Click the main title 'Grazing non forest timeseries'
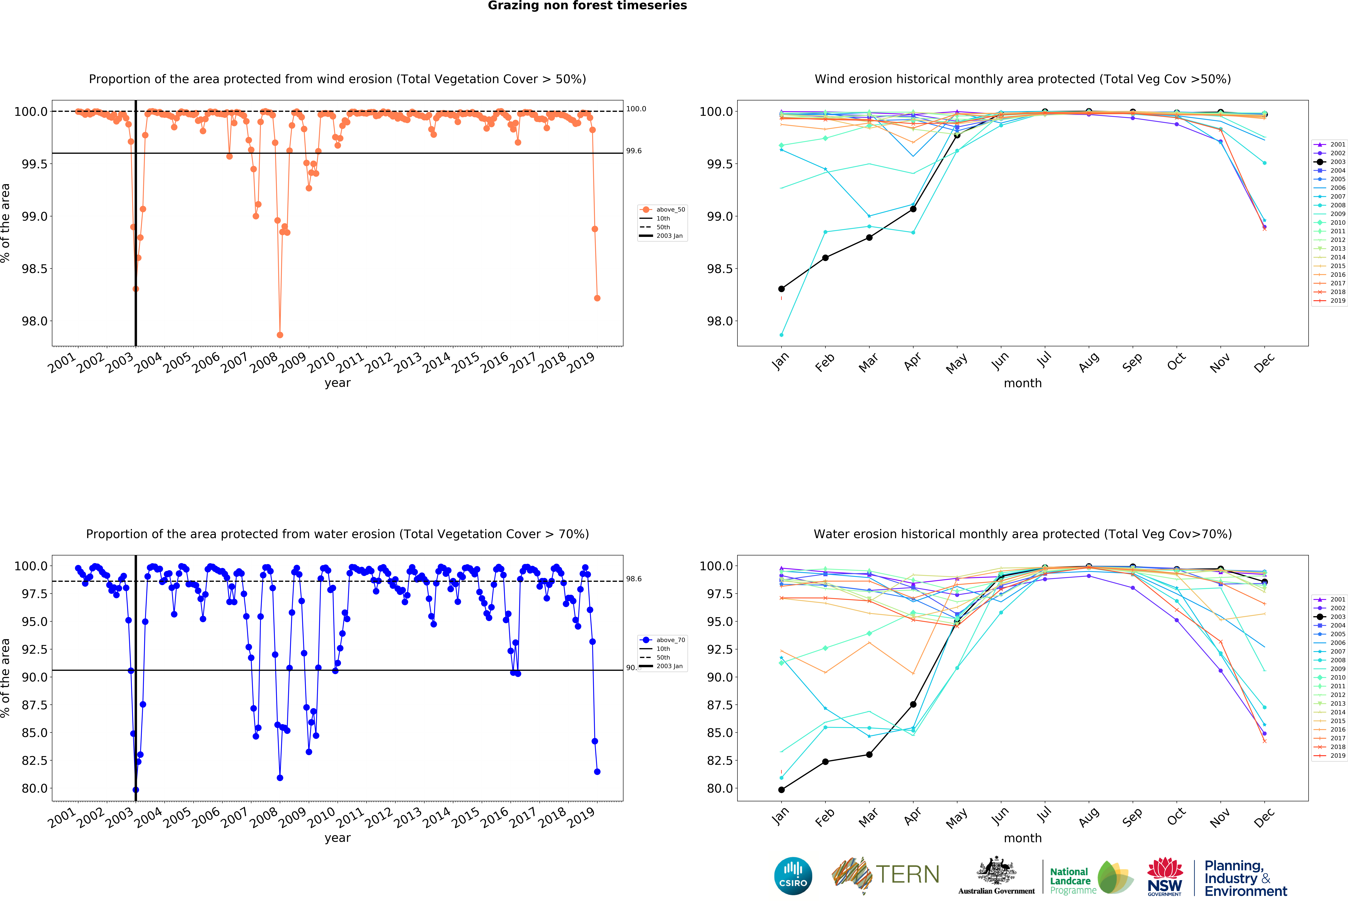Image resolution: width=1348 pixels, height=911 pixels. coord(587,6)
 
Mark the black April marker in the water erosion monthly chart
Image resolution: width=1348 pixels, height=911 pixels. coord(913,704)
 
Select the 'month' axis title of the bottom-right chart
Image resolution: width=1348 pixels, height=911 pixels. coord(1023,838)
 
